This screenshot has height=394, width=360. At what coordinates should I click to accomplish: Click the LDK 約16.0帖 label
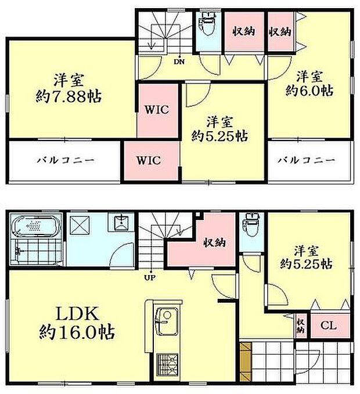tap(76, 324)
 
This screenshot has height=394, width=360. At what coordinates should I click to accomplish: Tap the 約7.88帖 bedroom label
tap(68, 88)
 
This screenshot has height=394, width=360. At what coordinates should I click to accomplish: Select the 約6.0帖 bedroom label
tap(309, 83)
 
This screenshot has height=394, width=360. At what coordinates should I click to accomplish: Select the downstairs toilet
tap(251, 222)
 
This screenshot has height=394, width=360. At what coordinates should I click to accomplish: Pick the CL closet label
tap(329, 326)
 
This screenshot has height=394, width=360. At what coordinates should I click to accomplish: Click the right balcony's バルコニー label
tap(309, 160)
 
